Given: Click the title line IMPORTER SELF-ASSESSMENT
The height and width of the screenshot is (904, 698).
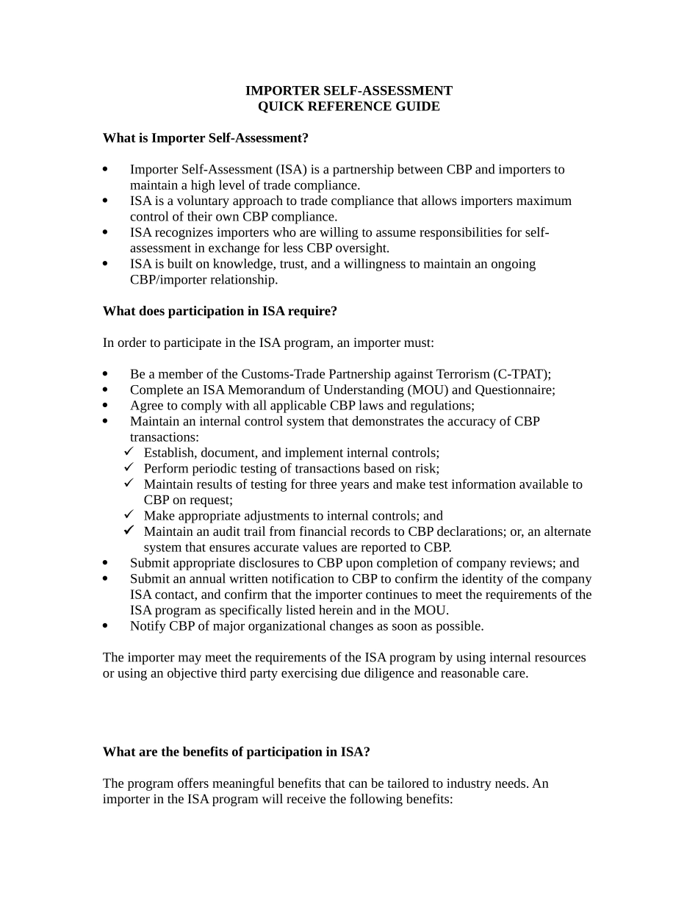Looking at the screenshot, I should pos(348,90).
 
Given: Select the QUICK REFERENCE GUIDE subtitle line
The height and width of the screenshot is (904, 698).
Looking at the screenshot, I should pos(348,107).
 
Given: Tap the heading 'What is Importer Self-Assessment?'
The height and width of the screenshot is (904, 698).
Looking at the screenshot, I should pos(206,138).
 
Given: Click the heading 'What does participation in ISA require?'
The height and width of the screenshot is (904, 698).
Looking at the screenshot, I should pos(220,311).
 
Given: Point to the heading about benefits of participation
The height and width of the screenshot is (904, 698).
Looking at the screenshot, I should pos(236,752).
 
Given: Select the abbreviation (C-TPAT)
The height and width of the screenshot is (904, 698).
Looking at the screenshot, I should pos(524,374).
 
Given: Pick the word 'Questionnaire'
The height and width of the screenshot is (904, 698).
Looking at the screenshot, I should pos(515,390).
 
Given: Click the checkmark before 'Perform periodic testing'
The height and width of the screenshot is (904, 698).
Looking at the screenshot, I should pos(129,468).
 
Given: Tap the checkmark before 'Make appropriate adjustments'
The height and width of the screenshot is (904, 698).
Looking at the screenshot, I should pos(129,515).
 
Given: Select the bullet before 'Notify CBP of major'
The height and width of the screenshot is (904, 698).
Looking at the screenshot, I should pos(106,626).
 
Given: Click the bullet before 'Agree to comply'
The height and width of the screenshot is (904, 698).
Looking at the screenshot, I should pos(106,406).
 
